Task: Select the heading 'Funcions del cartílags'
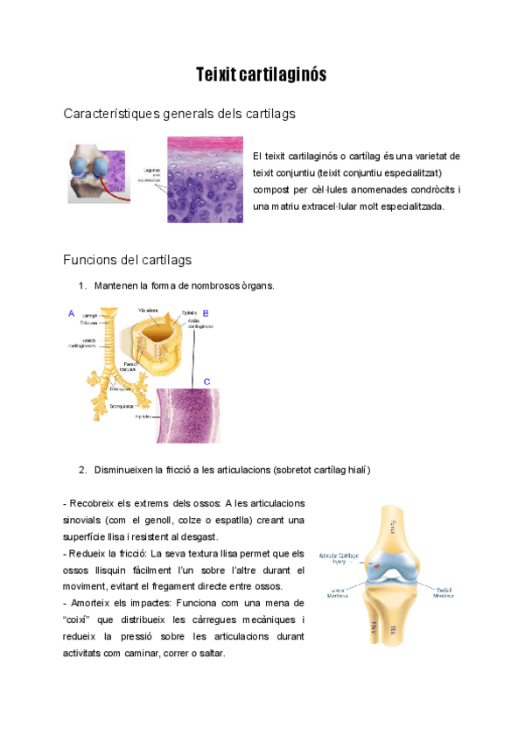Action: tap(128, 260)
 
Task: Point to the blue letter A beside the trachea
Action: tap(71, 311)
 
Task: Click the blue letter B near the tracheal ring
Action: tap(206, 312)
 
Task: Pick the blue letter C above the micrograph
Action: tap(206, 381)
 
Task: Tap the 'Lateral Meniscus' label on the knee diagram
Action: tap(337, 592)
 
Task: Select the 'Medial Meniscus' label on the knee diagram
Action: tap(444, 592)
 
